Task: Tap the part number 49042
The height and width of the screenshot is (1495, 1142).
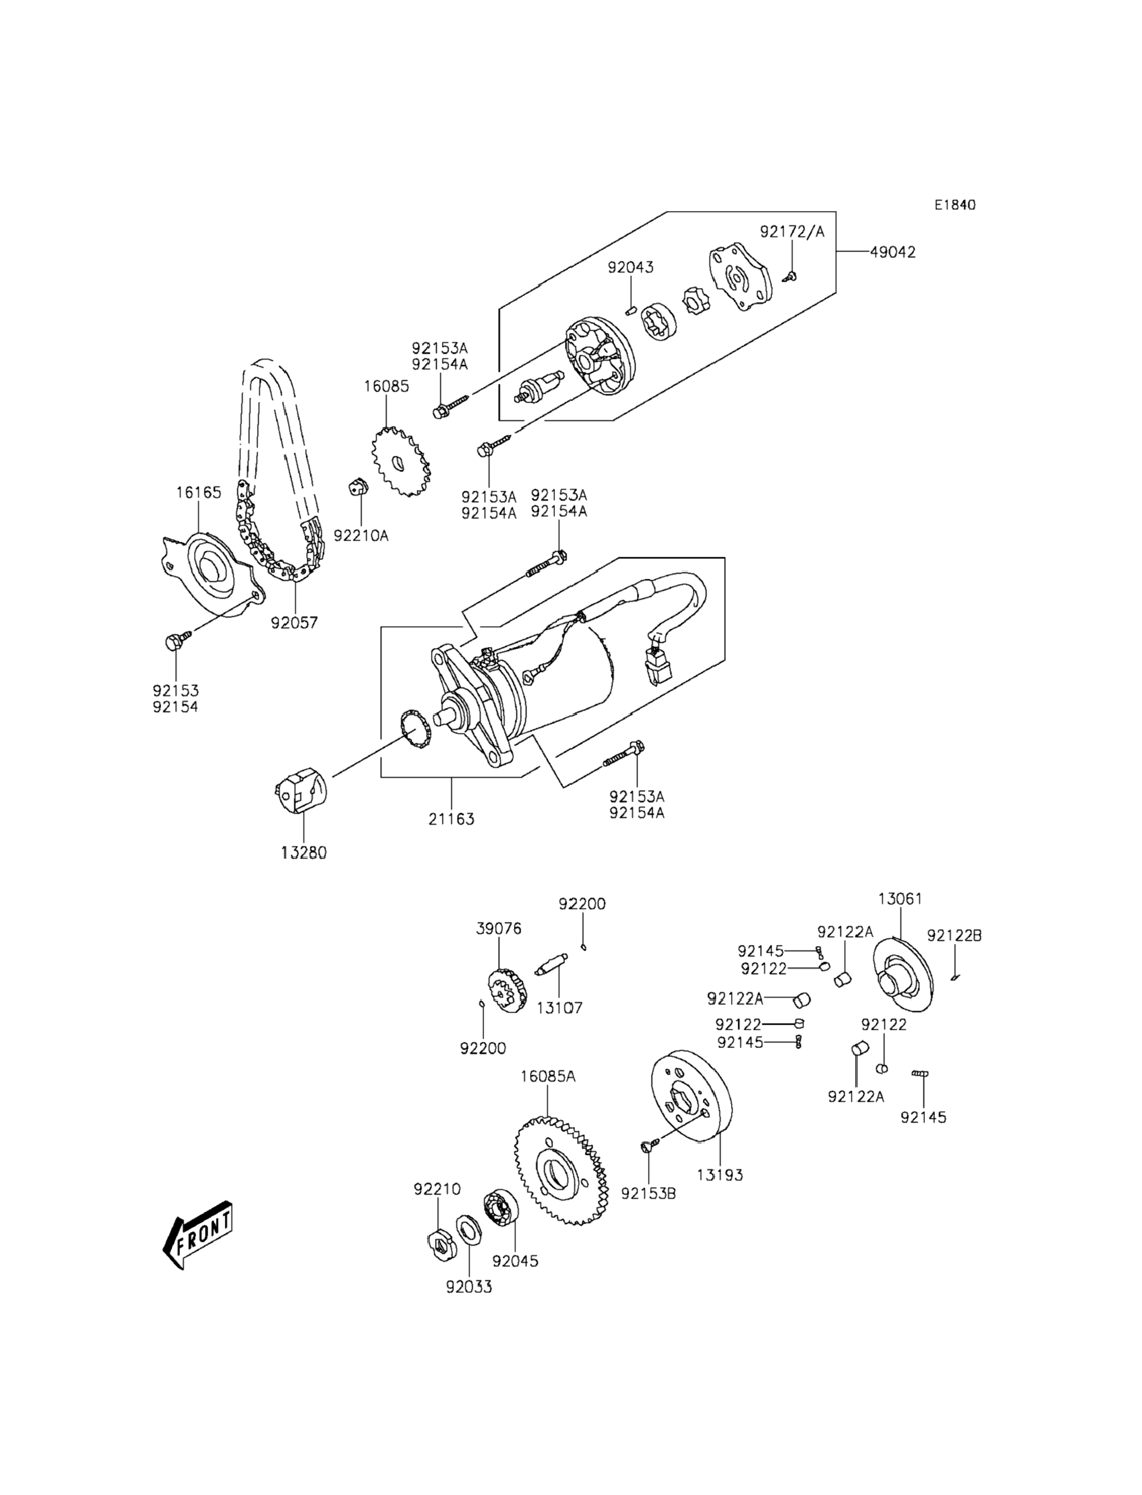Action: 893,252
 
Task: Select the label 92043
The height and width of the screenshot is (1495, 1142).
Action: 631,267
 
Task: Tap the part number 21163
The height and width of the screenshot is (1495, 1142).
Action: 451,819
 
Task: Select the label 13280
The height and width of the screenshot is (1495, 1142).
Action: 304,852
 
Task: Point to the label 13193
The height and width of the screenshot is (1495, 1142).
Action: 720,1175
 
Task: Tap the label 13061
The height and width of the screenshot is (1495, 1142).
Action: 900,899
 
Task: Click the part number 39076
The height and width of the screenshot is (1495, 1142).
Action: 498,929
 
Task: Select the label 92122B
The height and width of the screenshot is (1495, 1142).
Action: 954,936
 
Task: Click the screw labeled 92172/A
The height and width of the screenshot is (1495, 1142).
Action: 790,276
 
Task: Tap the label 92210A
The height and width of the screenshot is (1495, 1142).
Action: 361,536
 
